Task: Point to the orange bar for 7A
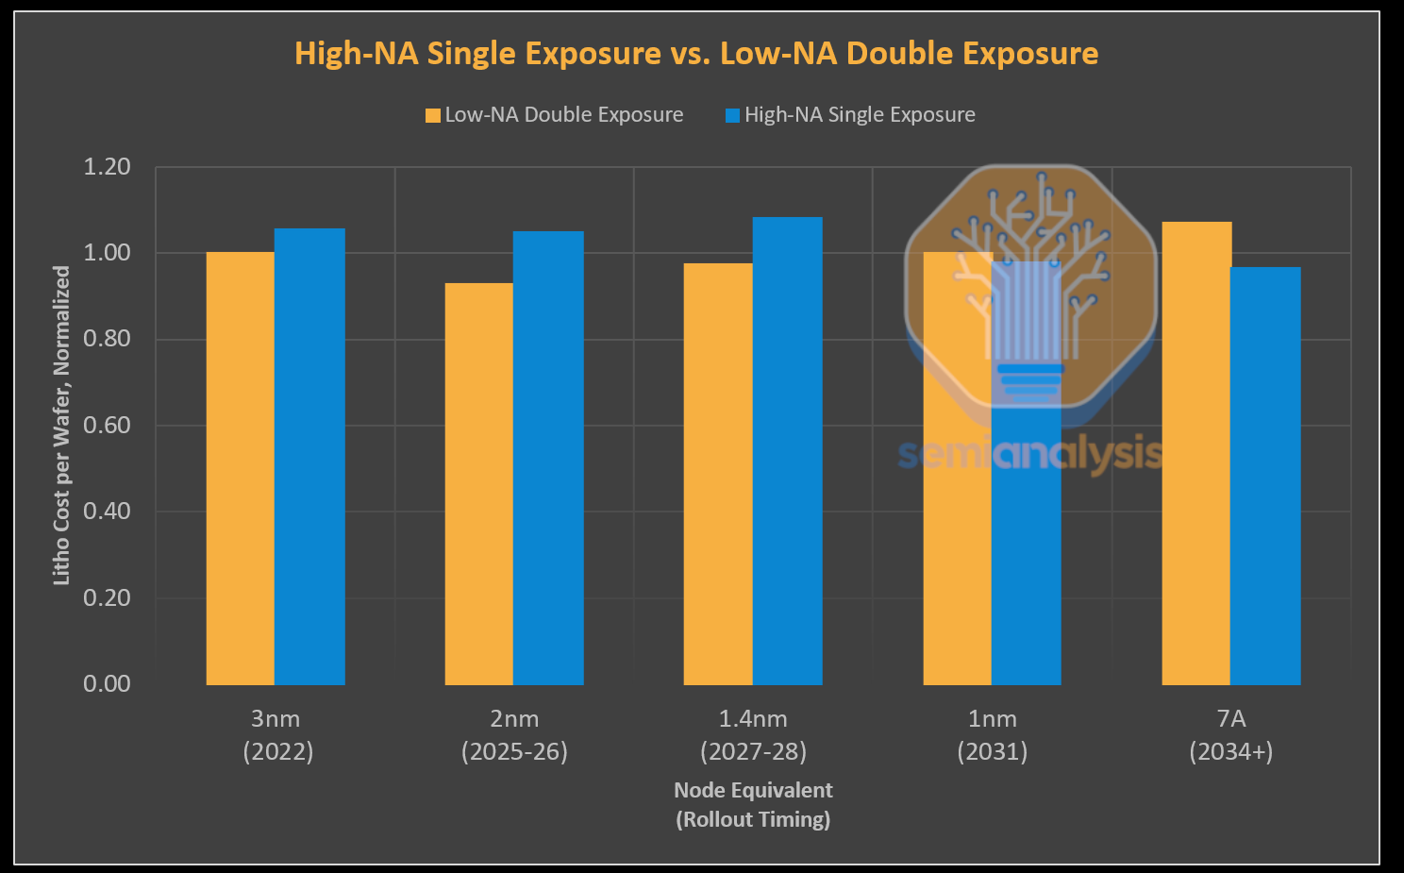(1196, 453)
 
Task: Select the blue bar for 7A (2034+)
(1265, 476)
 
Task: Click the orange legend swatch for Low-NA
(433, 115)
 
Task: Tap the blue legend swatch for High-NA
(732, 115)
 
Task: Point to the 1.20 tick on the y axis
(107, 167)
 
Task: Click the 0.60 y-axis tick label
(107, 426)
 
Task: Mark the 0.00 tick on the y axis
(107, 684)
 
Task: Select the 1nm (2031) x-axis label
(993, 735)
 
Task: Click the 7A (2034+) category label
(1231, 735)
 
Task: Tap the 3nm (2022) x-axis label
(277, 735)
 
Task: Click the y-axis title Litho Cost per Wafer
(61, 425)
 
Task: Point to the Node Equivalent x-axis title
(753, 804)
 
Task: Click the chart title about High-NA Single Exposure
(696, 53)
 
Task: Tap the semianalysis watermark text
(1029, 454)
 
